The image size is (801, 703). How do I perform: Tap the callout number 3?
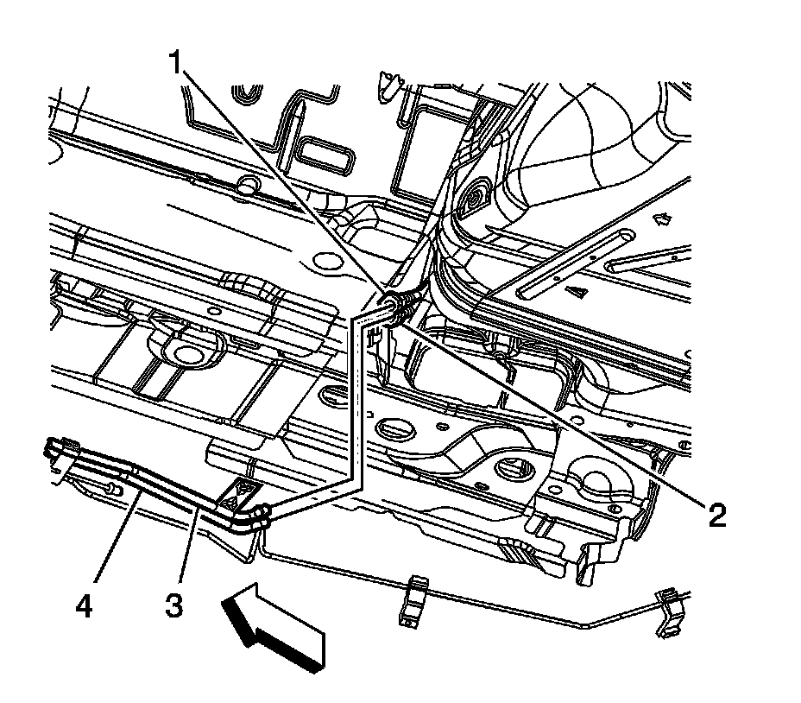[175, 605]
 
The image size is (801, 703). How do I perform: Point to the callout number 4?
[84, 605]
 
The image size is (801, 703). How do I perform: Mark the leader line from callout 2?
[561, 415]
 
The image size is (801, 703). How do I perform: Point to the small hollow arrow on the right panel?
[664, 220]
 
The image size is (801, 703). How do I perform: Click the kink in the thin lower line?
[583, 624]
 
